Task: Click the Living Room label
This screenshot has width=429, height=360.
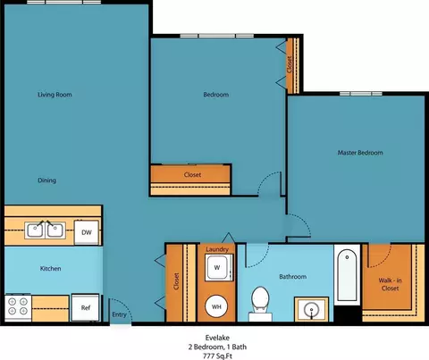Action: point(55,95)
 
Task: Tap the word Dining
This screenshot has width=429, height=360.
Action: point(46,180)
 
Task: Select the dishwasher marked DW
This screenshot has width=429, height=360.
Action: point(87,232)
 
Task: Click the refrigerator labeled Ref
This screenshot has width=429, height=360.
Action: point(85,307)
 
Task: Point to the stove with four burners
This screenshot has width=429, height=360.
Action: point(18,308)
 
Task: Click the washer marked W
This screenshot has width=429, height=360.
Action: point(218,267)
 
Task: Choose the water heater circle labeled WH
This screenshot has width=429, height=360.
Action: point(216,306)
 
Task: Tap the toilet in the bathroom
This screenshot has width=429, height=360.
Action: point(260,304)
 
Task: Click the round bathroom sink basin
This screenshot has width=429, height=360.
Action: point(312,310)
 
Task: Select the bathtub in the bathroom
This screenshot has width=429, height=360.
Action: point(347,275)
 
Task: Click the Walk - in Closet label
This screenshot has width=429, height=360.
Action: point(390,284)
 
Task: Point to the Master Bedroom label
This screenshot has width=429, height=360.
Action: point(360,153)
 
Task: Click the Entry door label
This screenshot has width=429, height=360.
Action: point(119,314)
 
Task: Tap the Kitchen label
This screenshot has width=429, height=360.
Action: point(51,269)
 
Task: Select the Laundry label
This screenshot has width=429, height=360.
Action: point(217,249)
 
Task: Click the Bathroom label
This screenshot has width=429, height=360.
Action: point(293,277)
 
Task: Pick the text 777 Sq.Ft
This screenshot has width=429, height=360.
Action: point(217,356)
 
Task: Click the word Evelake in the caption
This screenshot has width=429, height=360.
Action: point(217,338)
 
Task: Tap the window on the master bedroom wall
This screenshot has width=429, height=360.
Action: point(361,94)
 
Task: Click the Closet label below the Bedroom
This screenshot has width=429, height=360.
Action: point(192,175)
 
